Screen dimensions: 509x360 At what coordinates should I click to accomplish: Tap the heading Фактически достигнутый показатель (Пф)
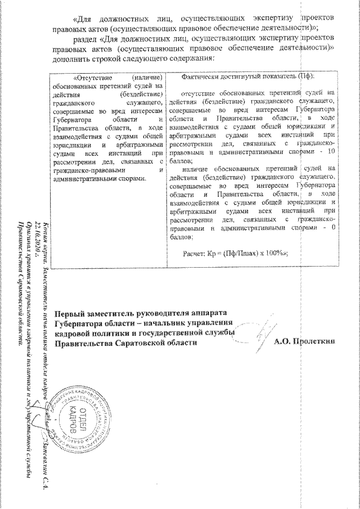click(x=248, y=76)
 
